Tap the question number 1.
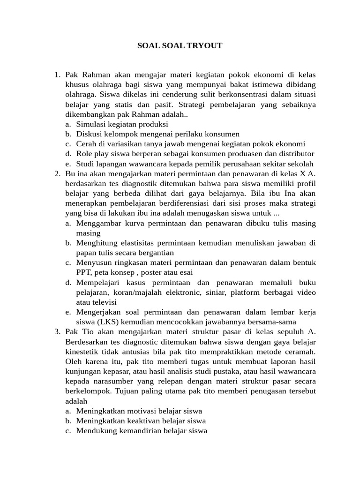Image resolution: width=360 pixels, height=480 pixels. (57, 75)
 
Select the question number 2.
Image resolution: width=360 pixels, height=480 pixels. (57, 174)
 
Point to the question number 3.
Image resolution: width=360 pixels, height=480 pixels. (57, 331)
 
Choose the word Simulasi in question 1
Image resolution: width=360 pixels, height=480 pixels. (91, 124)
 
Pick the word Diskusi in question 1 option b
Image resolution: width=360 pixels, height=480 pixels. (89, 134)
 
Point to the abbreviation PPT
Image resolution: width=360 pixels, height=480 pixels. (83, 272)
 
